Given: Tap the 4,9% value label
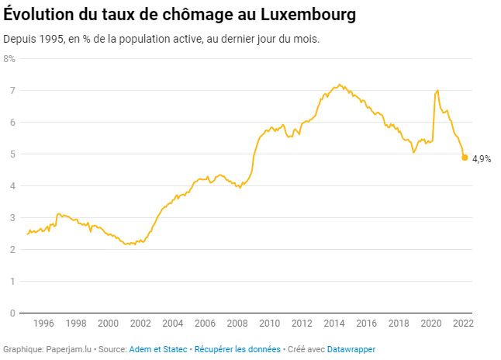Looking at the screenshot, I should coord(482,158).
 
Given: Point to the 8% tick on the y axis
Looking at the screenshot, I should coord(9,58).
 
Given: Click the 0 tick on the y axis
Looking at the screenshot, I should coord(12,313).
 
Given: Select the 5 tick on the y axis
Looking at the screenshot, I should coord(12,154).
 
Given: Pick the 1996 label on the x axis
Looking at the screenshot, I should coord(43,324).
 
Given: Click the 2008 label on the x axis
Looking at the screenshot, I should coord(237,324).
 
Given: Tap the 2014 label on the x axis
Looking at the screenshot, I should coord(333,324).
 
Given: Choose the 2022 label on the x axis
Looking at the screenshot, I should coord(463,324).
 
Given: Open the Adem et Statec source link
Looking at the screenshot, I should coord(158,350).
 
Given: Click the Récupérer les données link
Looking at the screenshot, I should coord(237,350).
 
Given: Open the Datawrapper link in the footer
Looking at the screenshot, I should coord(351,350).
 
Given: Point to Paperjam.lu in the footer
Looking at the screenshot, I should coord(68,350).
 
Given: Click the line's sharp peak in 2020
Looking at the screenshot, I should coord(438,91).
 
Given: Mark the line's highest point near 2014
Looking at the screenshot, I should coord(339,85).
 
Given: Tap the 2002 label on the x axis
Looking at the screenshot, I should coord(140,324).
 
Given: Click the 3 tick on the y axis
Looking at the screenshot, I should coord(12,217).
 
